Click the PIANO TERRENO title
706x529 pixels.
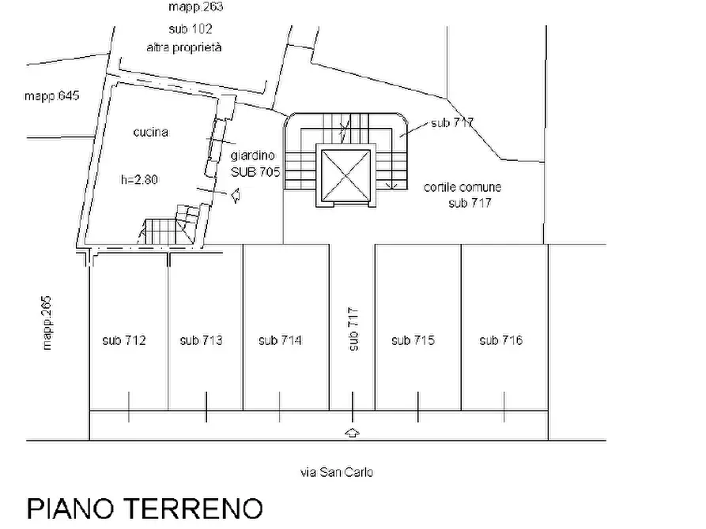coord(145,508)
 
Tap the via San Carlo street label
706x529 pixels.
coord(336,472)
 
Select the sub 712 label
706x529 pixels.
coord(123,340)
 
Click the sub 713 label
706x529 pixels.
coord(201,340)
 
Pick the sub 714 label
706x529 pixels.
coord(280,340)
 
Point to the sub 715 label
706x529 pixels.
coord(413,340)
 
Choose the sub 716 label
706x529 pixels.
coord(500,340)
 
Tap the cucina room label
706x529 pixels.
coord(150,133)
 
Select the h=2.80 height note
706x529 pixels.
coord(139,179)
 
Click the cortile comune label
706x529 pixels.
coord(462,188)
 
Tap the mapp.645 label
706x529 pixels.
coord(51,96)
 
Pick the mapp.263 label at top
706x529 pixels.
coord(195,7)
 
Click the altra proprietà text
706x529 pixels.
coord(183,47)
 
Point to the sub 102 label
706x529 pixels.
coord(190,29)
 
